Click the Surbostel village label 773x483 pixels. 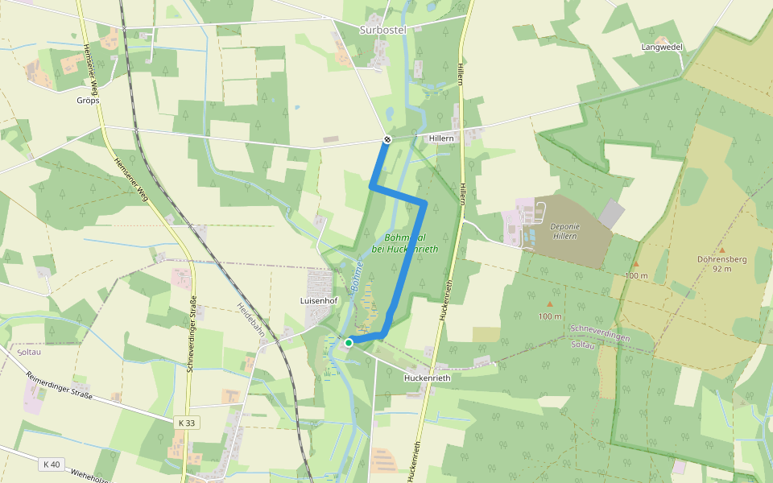[382, 30]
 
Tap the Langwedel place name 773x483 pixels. [662, 47]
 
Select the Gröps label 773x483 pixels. [87, 101]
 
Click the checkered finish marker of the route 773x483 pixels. [386, 140]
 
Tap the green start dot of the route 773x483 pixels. [349, 343]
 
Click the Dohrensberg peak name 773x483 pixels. [721, 259]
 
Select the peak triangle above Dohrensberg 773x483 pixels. [721, 250]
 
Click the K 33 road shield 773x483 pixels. [187, 422]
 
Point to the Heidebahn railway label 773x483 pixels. [252, 320]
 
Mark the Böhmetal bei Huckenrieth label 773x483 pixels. [411, 243]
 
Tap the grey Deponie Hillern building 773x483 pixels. [612, 213]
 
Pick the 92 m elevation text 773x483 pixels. [721, 269]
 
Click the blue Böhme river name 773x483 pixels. [354, 279]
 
